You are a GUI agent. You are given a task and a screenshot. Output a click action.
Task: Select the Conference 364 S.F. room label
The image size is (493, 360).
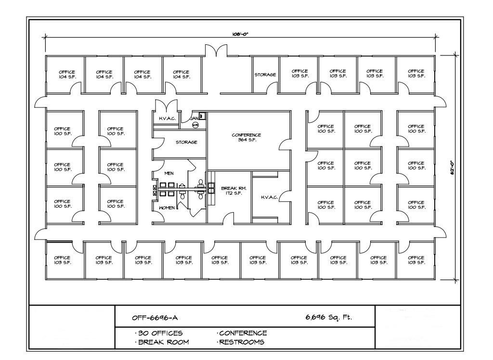click(246, 137)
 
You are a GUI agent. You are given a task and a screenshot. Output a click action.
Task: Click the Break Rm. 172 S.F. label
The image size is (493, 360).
click(230, 190)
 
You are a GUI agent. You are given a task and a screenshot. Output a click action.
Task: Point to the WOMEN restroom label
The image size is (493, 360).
click(167, 208)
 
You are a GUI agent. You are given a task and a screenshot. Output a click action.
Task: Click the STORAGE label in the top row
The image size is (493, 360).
click(265, 75)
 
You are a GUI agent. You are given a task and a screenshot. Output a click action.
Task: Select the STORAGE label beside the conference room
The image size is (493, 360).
click(186, 142)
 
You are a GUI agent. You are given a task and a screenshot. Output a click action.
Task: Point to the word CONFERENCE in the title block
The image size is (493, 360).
click(243, 333)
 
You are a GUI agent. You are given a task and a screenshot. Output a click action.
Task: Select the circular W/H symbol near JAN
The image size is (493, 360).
click(195, 125)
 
